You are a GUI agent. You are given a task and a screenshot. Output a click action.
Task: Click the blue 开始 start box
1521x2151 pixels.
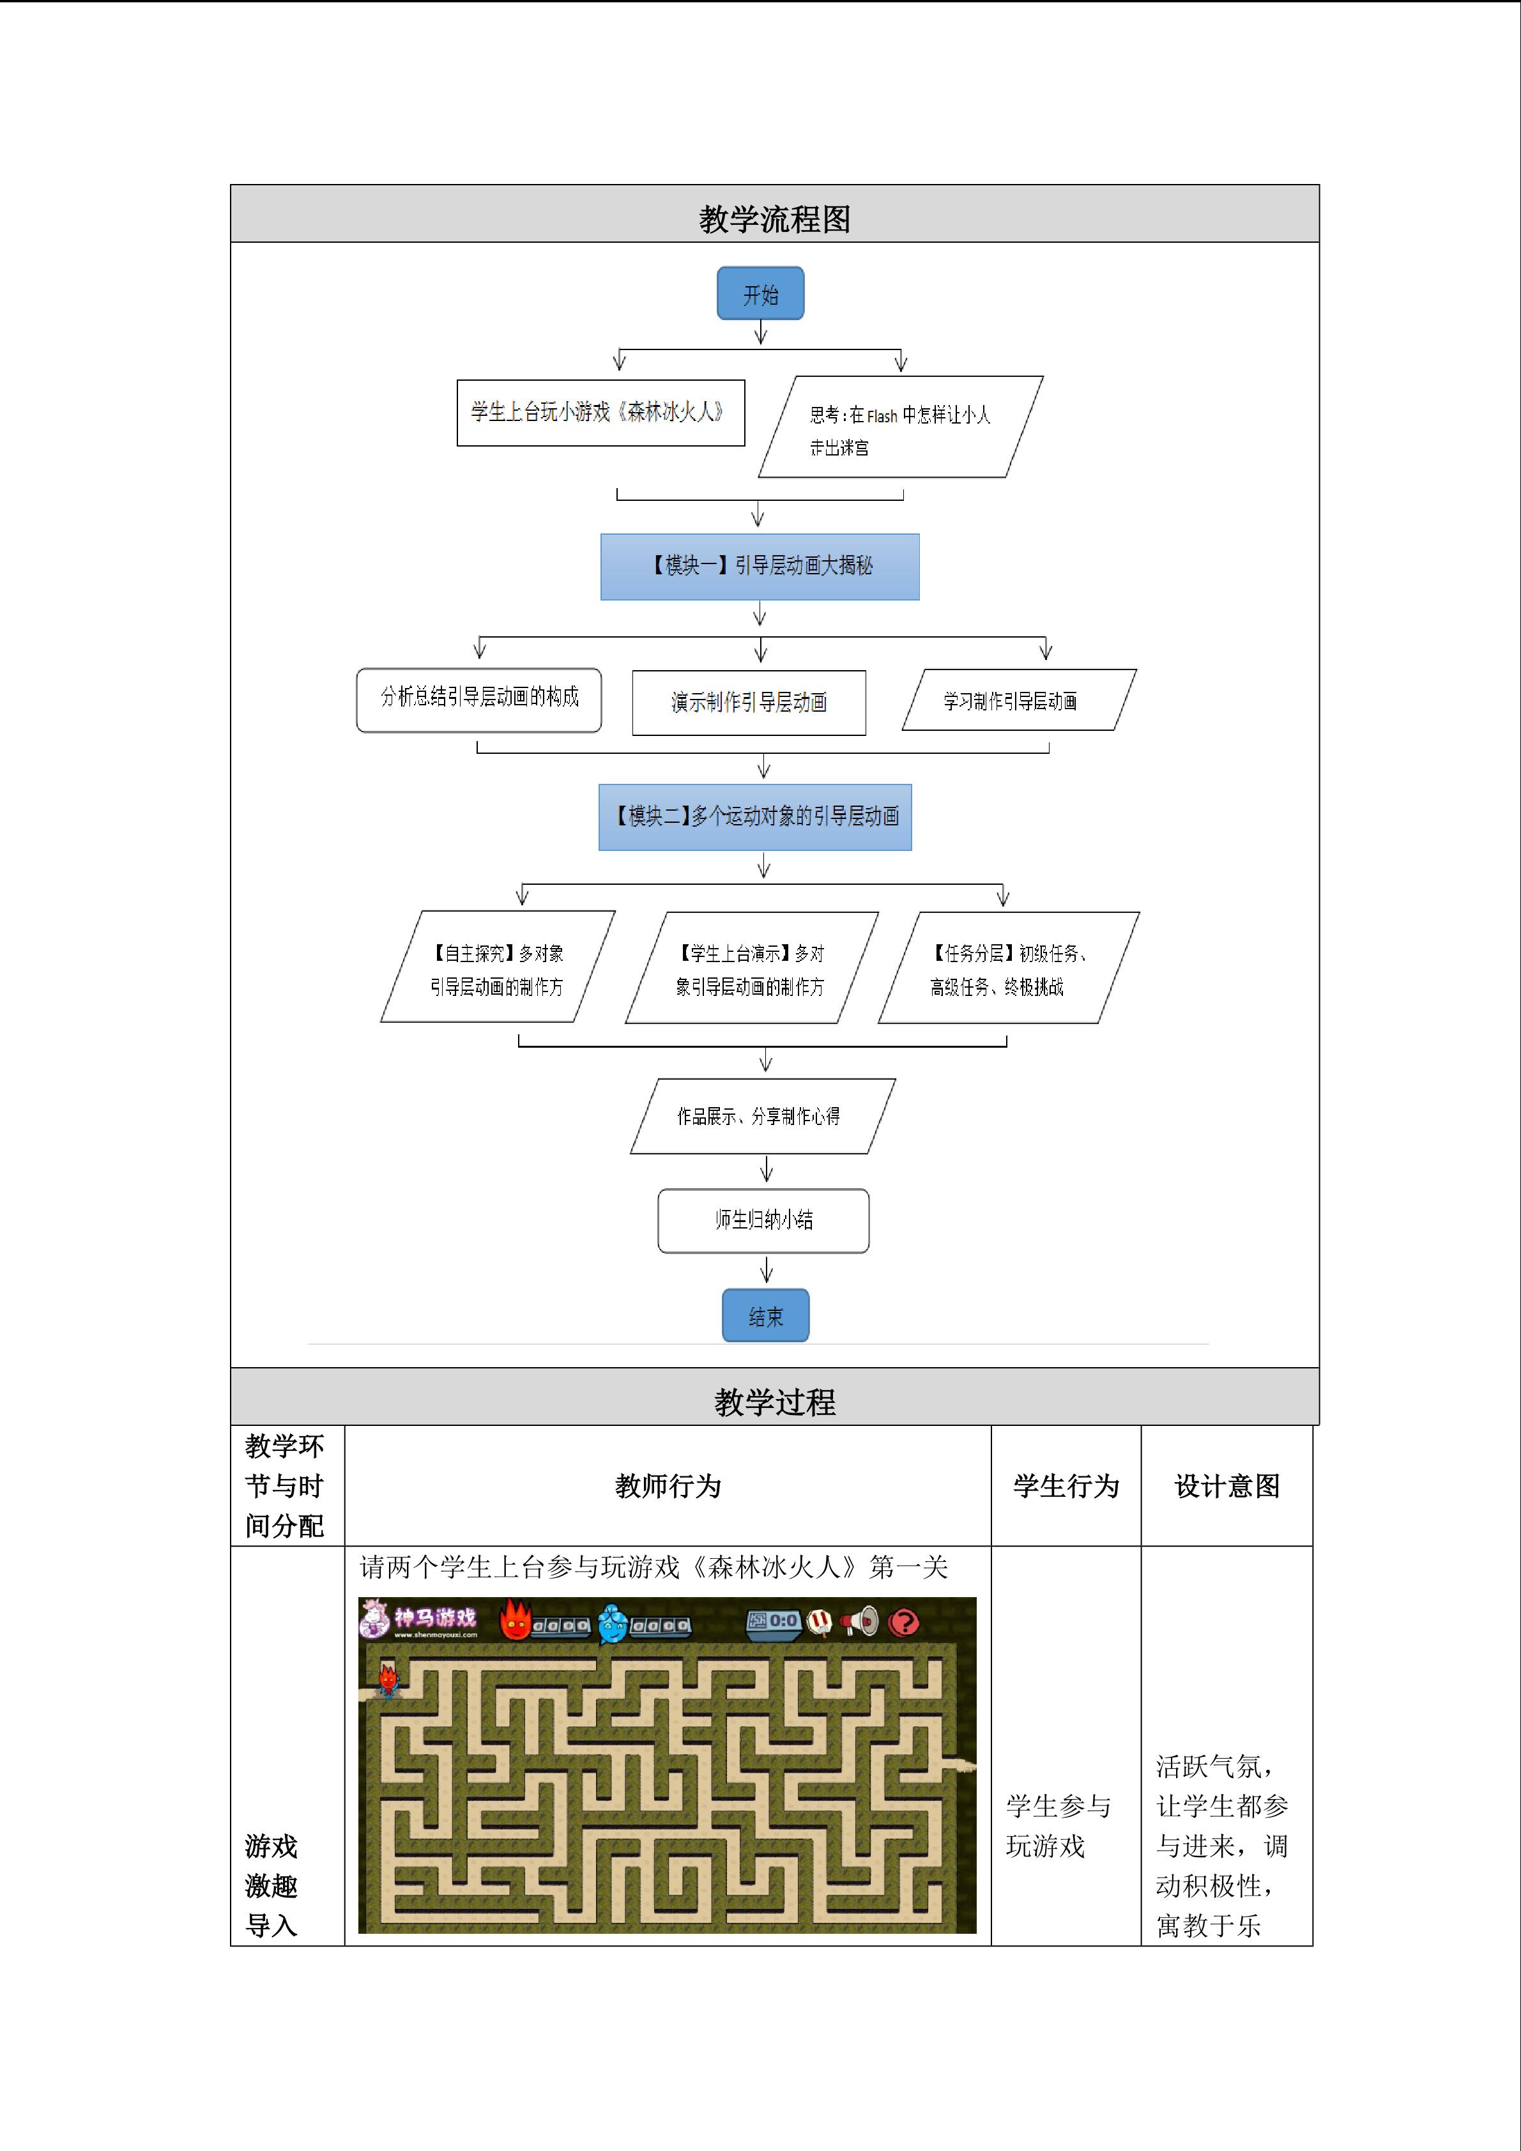[760, 293]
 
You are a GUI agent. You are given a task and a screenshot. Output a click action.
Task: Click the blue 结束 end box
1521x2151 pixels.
[765, 1315]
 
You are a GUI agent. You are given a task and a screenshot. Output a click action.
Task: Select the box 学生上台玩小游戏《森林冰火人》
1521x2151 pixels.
[600, 412]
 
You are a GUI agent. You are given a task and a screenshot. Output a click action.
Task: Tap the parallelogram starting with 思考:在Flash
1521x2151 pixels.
[900, 427]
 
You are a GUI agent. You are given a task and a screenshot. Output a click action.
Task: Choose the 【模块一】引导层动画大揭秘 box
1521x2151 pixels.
[760, 567]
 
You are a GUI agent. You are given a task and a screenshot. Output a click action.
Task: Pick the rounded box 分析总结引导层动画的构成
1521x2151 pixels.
[478, 700]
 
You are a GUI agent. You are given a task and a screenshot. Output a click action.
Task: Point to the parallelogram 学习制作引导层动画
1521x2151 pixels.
[1019, 700]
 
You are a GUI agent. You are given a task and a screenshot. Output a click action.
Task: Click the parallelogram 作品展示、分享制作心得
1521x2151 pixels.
[762, 1116]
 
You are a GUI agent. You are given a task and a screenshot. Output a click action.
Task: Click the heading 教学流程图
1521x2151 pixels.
[774, 219]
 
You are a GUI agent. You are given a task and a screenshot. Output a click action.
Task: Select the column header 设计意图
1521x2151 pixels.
[1227, 1486]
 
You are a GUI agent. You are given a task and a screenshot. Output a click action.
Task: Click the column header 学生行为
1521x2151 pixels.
[1066, 1486]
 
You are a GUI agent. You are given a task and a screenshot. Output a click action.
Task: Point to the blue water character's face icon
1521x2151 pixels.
[613, 1623]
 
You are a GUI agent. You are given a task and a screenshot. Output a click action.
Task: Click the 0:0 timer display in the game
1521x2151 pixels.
[774, 1621]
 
